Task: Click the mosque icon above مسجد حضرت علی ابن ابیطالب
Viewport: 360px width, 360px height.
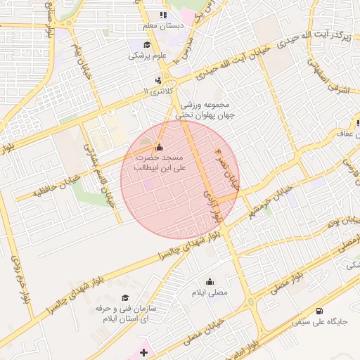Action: [x=158, y=147]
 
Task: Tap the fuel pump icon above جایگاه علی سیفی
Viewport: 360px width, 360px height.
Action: [x=320, y=311]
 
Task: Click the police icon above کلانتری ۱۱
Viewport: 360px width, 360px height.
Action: [x=158, y=80]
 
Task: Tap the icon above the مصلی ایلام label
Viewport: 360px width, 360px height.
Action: [x=210, y=281]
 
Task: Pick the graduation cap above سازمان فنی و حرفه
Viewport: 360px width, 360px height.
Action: [x=125, y=298]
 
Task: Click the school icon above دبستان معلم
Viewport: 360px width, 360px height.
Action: [x=163, y=15]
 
